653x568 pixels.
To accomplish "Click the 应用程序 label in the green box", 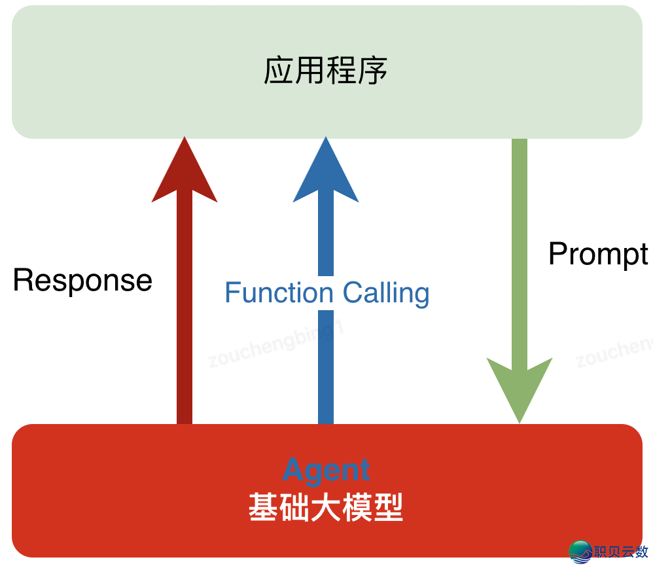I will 326,71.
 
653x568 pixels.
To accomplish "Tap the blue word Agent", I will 326,470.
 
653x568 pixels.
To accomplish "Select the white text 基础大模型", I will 326,507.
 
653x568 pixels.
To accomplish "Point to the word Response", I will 82,281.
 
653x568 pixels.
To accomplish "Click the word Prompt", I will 598,254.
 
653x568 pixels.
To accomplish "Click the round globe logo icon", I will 580,552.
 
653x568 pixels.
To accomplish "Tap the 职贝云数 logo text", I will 621,552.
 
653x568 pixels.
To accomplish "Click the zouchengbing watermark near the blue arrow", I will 275,346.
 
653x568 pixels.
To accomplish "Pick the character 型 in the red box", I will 389,507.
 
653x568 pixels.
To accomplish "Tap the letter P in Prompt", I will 557,254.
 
